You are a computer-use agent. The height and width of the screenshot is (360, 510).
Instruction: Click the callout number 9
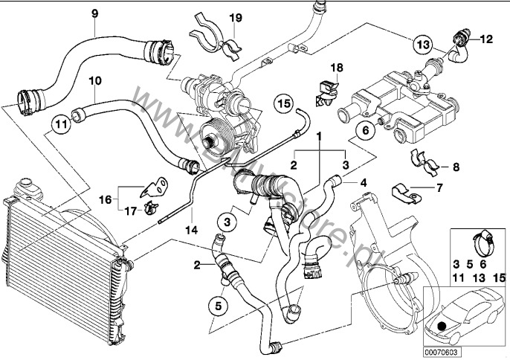click(x=95, y=13)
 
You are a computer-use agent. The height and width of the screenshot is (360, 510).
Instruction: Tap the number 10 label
click(x=95, y=79)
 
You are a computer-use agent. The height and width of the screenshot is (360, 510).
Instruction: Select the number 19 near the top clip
click(x=235, y=17)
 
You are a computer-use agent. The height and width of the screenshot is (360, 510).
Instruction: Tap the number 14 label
click(x=192, y=231)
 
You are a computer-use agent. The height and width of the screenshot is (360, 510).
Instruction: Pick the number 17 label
click(x=130, y=211)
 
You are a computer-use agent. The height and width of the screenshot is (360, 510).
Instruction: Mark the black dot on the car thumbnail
click(x=443, y=325)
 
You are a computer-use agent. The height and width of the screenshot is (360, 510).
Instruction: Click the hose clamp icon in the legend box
click(x=479, y=240)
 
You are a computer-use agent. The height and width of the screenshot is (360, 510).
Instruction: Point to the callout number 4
click(x=363, y=182)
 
